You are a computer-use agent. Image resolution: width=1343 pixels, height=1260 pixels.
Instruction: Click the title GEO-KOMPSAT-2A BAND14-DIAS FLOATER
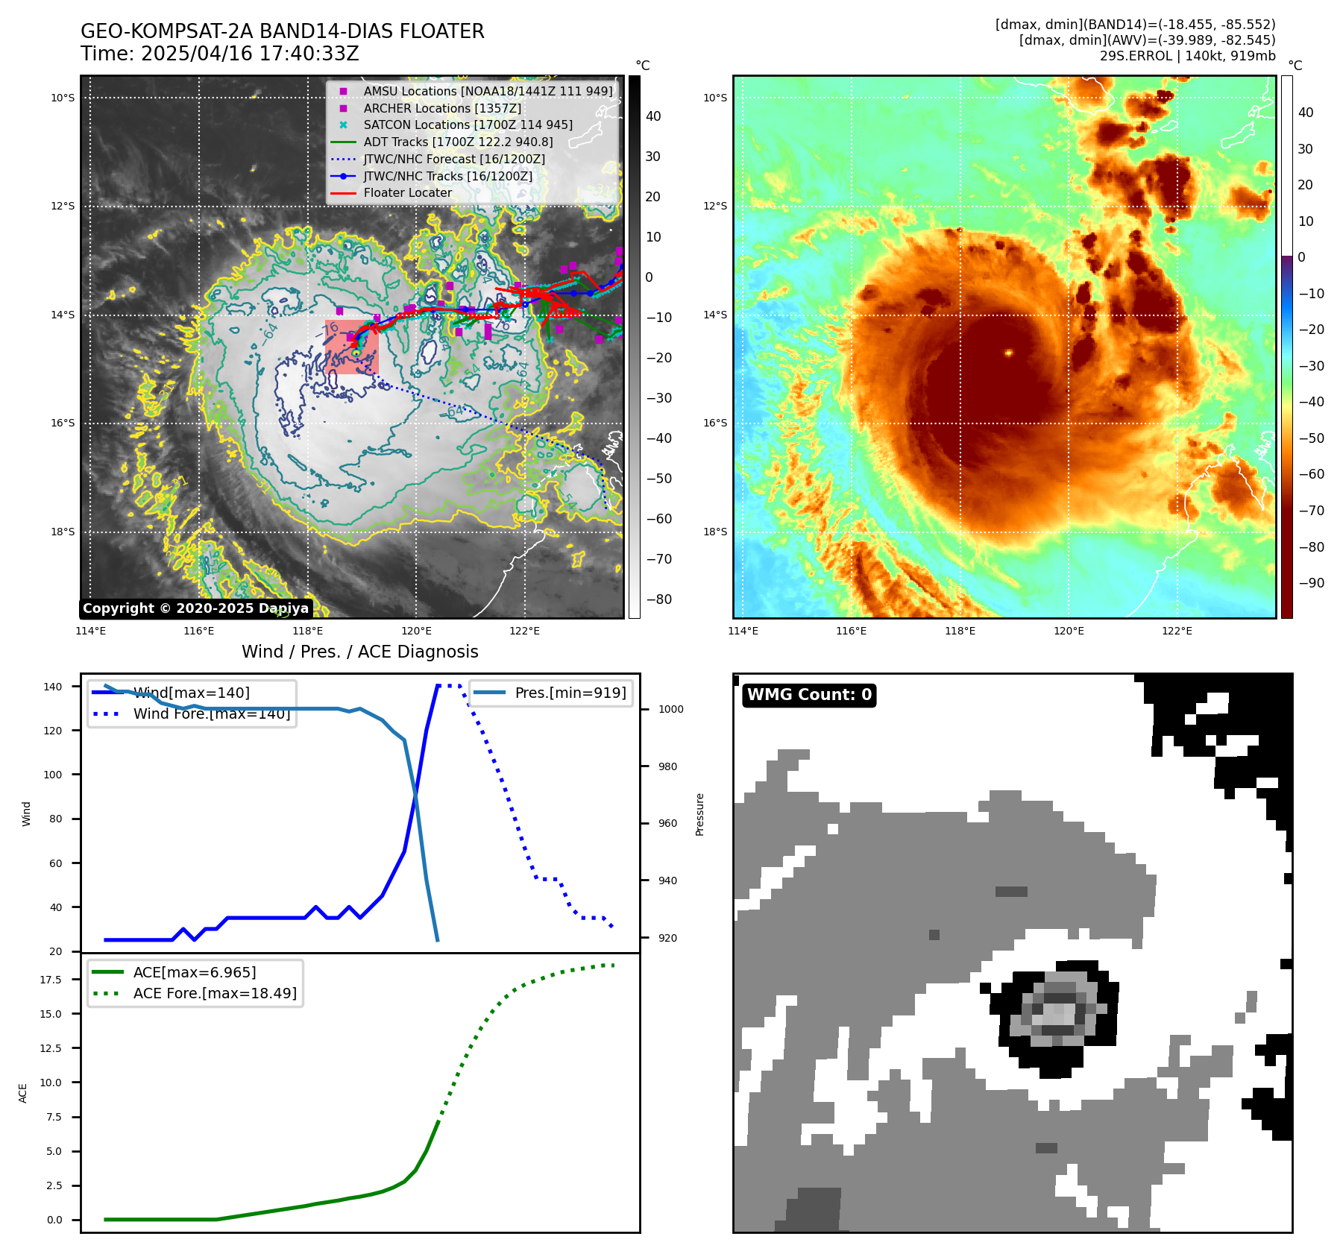point(282,31)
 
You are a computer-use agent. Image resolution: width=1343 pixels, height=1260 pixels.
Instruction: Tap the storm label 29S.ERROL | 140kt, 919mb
point(1187,56)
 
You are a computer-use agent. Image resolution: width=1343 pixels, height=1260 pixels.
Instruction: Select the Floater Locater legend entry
point(407,193)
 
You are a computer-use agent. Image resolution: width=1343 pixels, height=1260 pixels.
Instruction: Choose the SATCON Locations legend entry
point(468,125)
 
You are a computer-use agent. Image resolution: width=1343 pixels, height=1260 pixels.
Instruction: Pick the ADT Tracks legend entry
point(458,142)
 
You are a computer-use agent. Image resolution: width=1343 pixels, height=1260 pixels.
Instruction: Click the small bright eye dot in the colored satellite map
point(1008,353)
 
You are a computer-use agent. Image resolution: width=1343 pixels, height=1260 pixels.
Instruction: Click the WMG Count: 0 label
point(809,695)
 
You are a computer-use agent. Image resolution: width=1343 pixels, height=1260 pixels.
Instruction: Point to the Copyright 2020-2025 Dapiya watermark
point(195,608)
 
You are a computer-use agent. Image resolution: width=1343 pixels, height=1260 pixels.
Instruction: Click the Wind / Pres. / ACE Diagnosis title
point(359,652)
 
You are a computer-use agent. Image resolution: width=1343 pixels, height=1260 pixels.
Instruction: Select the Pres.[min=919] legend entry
point(570,693)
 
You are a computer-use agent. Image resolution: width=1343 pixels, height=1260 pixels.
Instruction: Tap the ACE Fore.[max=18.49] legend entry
point(214,993)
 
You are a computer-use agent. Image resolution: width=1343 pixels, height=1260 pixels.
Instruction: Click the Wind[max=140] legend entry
point(191,693)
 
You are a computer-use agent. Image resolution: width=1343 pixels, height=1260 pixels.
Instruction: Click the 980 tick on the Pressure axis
point(667,766)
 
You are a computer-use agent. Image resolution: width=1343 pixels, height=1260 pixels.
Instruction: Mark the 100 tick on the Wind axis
point(53,775)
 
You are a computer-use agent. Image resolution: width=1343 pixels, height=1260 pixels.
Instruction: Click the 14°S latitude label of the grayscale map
point(63,315)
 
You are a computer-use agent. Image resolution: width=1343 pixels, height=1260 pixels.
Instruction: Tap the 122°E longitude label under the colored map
point(1177,631)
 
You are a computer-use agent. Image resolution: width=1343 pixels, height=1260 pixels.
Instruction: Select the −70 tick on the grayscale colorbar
point(658,559)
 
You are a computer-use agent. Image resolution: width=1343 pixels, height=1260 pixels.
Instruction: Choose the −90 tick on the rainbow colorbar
point(1311,583)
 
